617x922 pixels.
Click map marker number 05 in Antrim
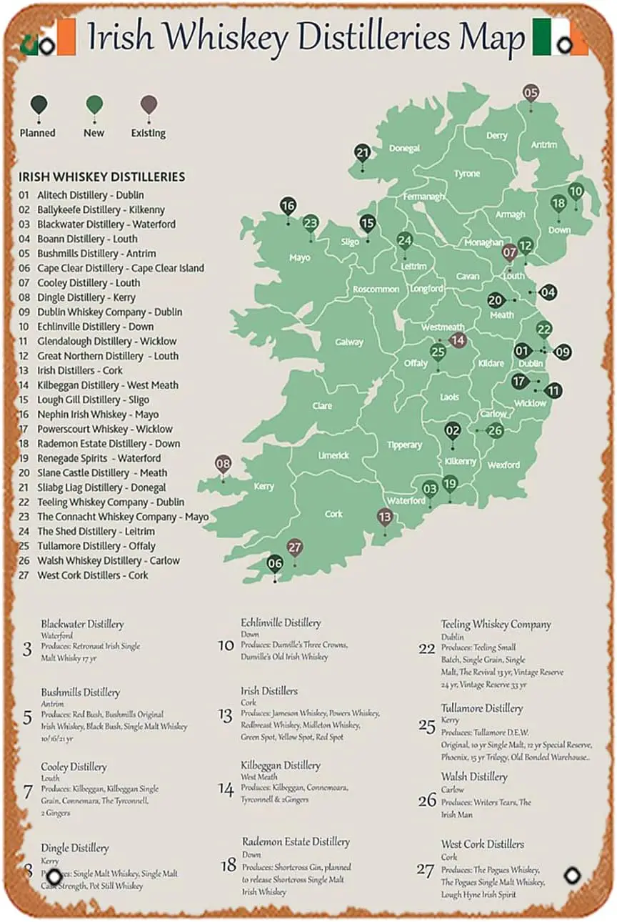531,93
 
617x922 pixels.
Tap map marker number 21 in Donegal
363,153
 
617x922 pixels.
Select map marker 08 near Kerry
224,464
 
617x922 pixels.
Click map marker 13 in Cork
385,517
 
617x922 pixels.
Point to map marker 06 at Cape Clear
275,563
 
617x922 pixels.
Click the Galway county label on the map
349,342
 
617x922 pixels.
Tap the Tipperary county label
404,445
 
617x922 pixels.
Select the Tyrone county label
467,174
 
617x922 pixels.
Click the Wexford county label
503,465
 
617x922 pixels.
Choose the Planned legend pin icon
39,106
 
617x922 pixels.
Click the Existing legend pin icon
149,106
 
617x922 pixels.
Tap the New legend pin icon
94,106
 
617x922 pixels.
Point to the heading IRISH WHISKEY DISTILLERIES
102,177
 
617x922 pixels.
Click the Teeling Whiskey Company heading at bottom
496,624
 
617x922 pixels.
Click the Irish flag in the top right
560,37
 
